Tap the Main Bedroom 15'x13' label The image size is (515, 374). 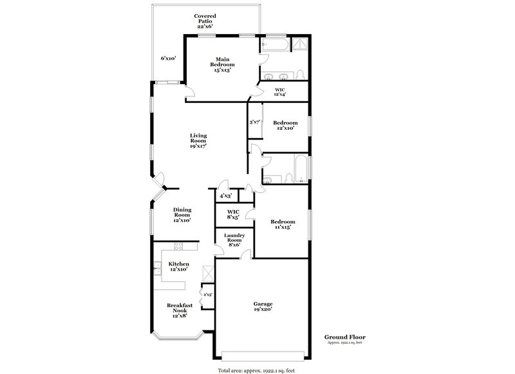coord(223,65)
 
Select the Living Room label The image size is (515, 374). coord(199,141)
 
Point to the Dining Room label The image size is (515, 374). coord(182,215)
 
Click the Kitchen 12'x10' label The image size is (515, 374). coord(179,267)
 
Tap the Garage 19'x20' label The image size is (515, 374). coord(263,307)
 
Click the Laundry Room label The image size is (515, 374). coord(234,240)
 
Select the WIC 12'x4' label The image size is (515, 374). coord(280,92)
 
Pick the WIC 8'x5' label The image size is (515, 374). coord(233,214)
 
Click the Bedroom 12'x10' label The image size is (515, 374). coord(285,125)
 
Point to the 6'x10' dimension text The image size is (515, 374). coord(169,58)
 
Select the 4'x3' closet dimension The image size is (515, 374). coord(225,195)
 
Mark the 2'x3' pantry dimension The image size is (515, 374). coord(207,294)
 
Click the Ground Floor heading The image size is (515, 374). coord(345,337)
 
